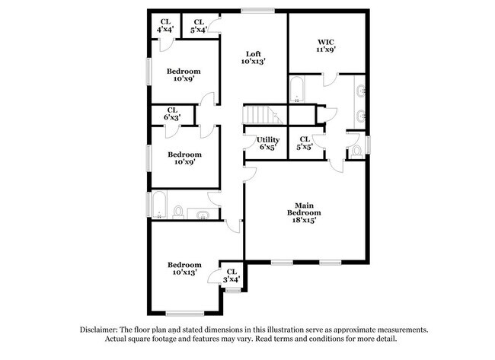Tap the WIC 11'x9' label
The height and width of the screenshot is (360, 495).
pos(325,44)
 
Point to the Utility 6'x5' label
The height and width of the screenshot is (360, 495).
pos(268,143)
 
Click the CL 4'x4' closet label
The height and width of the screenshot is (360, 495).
pos(164,25)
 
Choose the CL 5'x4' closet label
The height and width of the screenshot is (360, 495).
pos(198,25)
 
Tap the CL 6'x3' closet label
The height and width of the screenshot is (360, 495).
pos(171,113)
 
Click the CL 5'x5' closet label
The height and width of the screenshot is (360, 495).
pos(304,142)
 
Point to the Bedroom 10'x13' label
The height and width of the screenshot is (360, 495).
pos(185,268)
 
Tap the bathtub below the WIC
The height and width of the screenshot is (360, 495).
pos(298,90)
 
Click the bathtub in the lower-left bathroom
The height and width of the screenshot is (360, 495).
pos(159,205)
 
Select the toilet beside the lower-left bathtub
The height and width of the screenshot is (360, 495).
pos(178,211)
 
